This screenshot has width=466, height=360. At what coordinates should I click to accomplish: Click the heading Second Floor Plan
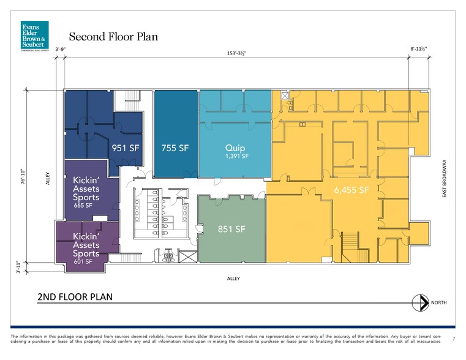113,37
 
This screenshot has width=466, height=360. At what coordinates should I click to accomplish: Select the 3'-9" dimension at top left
61,48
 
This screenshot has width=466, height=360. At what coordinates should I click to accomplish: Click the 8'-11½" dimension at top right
419,48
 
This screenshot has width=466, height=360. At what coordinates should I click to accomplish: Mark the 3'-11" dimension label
22,267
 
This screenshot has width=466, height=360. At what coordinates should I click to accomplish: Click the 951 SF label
125,148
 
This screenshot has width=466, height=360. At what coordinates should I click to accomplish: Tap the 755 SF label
175,148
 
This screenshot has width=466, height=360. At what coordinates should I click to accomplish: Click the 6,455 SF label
351,190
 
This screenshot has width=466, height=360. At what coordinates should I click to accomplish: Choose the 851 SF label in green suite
232,229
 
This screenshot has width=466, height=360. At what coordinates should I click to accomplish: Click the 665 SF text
83,206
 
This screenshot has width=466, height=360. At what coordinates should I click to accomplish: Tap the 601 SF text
83,261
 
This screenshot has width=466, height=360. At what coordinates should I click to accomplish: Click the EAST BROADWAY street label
445,179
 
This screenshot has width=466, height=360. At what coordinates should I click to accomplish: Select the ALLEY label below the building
233,279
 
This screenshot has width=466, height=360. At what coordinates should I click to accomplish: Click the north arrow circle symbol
421,302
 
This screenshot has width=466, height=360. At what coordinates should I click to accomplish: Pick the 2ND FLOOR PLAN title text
74,297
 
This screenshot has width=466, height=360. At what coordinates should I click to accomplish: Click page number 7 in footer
453,339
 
